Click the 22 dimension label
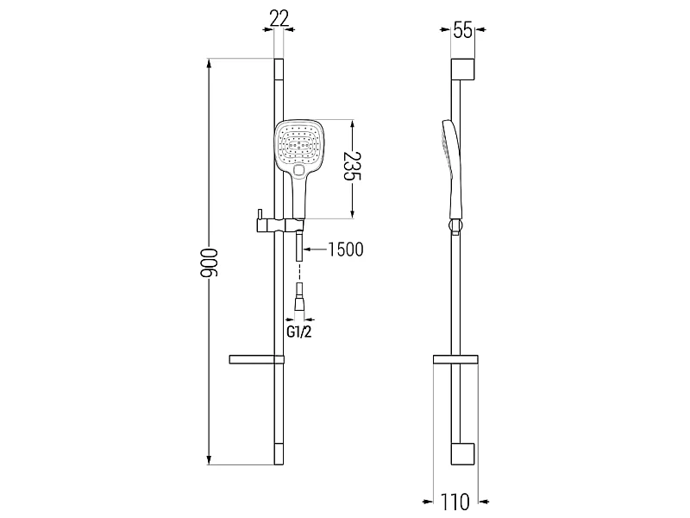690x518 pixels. [279, 18]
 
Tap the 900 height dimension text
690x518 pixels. [210, 262]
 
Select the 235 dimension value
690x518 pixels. [352, 166]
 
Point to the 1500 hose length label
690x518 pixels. [346, 250]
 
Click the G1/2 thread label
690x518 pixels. [299, 332]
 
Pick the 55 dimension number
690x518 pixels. [462, 30]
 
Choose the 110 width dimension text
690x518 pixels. [455, 502]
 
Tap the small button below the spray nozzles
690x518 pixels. [299, 170]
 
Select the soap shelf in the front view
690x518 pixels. [256, 359]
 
